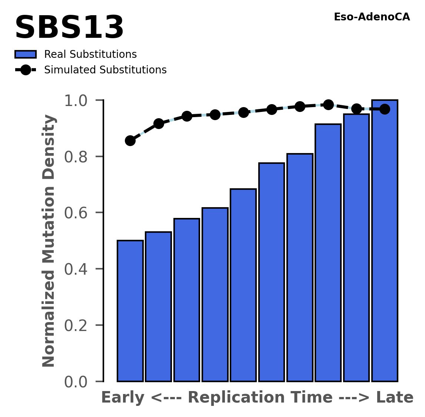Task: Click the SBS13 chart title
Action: tap(69, 29)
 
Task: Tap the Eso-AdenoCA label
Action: tap(372, 17)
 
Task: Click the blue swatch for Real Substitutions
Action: tap(25, 54)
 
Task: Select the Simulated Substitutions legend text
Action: tap(105, 70)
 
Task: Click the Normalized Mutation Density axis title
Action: tap(49, 241)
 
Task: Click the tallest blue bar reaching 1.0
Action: tap(385, 241)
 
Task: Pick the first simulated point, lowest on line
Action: tap(130, 140)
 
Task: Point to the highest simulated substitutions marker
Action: tap(328, 105)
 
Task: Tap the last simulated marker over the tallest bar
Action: tap(385, 109)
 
